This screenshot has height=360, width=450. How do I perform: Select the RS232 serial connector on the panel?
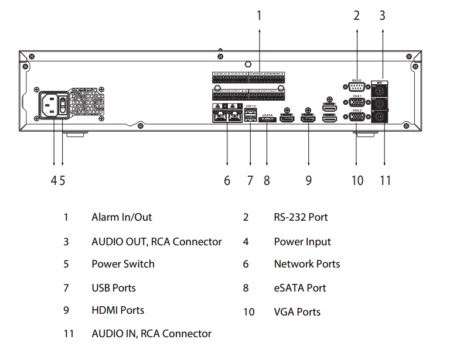pyautogui.click(x=357, y=87)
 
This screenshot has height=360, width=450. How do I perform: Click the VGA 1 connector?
pyautogui.click(x=357, y=102)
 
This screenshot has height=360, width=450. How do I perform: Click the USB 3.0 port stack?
pyautogui.click(x=251, y=116)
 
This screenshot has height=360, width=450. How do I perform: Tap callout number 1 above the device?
pyautogui.click(x=259, y=16)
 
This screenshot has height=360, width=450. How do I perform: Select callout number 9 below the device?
pyautogui.click(x=308, y=180)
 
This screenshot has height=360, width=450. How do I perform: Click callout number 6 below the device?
pyautogui.click(x=227, y=180)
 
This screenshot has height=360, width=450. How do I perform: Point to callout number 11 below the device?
pyautogui.click(x=384, y=180)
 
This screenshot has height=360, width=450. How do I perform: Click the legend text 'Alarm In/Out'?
pyautogui.click(x=121, y=217)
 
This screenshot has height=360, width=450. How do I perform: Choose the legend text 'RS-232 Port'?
pyautogui.click(x=301, y=217)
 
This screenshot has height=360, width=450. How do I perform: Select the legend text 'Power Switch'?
pyautogui.click(x=123, y=264)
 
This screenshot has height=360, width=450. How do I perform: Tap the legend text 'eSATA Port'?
pyautogui.click(x=300, y=288)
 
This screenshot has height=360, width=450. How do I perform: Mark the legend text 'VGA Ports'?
pyautogui.click(x=297, y=312)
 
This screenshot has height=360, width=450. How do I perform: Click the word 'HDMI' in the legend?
pyautogui.click(x=105, y=310)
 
